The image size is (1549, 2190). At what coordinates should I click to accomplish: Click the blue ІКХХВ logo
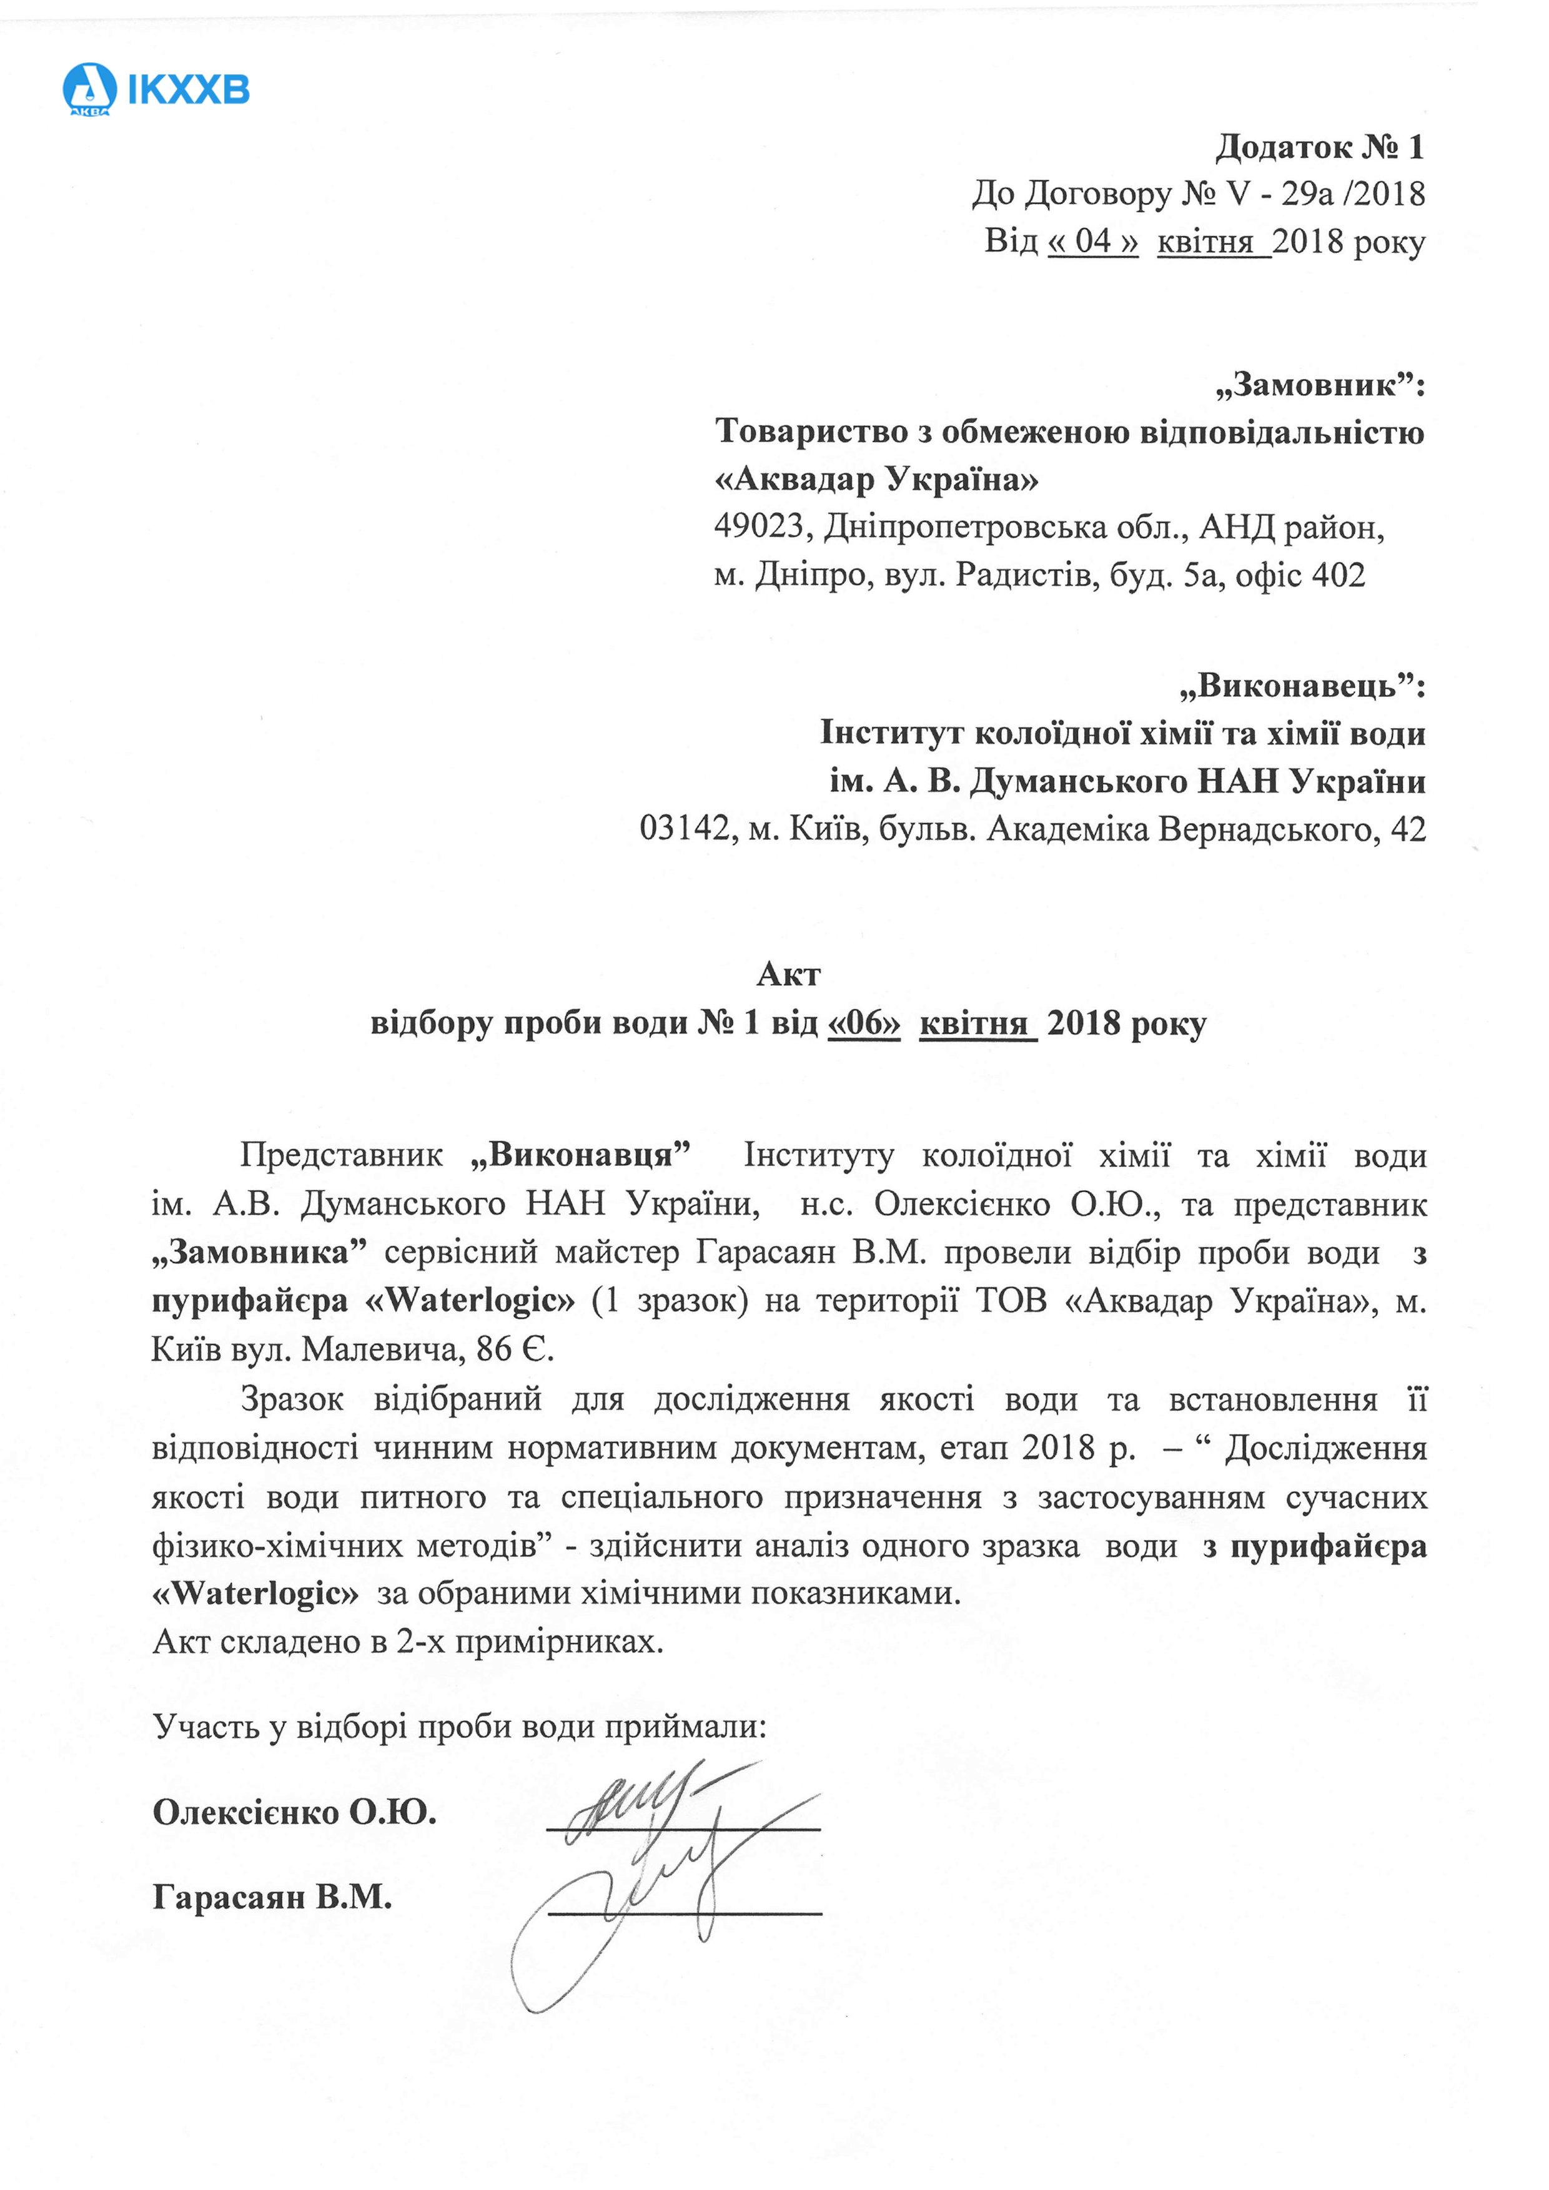(156, 90)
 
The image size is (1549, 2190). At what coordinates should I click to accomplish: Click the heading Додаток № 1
(1319, 147)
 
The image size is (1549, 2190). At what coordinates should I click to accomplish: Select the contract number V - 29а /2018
(1326, 194)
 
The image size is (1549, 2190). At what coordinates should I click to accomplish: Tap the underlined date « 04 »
(1092, 240)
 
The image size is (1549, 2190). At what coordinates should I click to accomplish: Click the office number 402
(1339, 575)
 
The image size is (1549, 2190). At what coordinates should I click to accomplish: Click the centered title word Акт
(788, 974)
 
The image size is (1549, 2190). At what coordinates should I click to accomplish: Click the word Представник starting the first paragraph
(342, 1155)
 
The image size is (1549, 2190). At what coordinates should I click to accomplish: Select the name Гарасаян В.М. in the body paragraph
(811, 1253)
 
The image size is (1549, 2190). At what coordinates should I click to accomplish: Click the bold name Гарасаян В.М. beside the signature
(273, 1897)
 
